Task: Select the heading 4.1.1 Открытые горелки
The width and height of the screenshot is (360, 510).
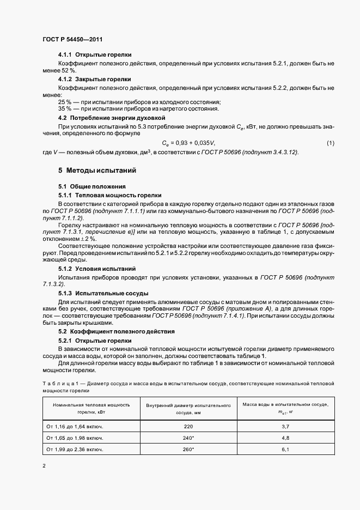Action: (x=94, y=56)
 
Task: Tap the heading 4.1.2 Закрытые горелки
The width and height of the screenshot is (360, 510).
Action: (x=94, y=79)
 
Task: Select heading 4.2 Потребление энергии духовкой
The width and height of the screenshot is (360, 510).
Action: (x=112, y=118)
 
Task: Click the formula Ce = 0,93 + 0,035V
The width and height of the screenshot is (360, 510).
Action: (x=189, y=143)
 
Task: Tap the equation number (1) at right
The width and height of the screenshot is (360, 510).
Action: (x=330, y=143)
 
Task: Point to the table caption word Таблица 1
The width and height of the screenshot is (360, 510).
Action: (x=58, y=384)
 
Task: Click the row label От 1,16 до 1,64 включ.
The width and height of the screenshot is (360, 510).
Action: (x=76, y=426)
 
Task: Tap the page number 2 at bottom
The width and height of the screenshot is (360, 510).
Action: (x=44, y=466)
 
